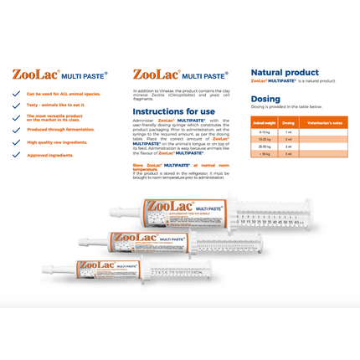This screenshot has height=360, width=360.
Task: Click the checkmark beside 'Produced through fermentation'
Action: point(16,130)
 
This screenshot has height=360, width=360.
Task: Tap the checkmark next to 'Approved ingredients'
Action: point(16,155)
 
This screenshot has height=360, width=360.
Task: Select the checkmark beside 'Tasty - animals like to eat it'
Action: point(16,105)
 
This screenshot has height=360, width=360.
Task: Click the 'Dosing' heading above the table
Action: point(265,99)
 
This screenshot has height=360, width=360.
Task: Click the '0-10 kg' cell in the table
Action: point(264,132)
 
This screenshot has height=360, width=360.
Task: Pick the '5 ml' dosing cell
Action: point(288,154)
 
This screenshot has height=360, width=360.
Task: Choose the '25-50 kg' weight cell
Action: point(264,147)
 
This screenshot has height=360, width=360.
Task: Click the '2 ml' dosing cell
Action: point(288,140)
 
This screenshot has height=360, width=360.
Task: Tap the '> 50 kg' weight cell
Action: point(264,154)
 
